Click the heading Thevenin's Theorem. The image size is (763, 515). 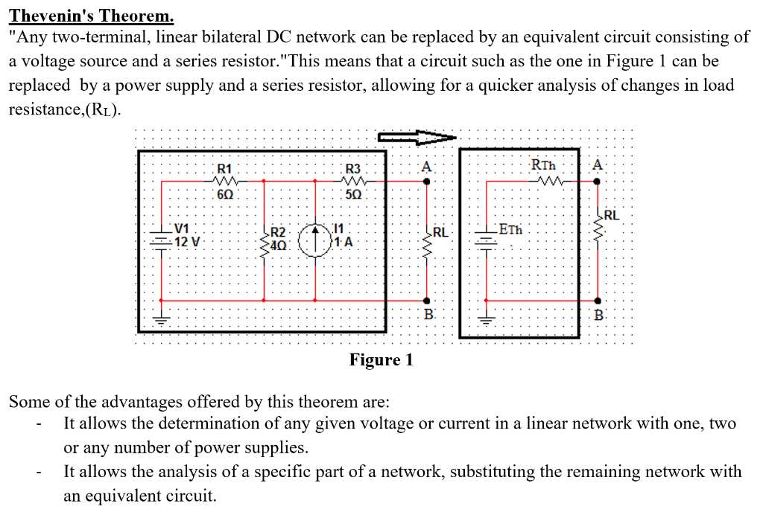click(x=91, y=14)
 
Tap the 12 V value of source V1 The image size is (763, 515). click(x=186, y=242)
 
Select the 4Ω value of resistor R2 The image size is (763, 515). click(x=278, y=244)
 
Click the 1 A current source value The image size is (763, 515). click(x=343, y=242)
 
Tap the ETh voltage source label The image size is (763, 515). click(x=510, y=229)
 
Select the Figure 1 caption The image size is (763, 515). click(x=381, y=361)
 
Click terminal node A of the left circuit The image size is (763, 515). click(x=426, y=180)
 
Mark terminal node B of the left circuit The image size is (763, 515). click(x=426, y=301)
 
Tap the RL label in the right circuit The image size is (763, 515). click(x=612, y=216)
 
